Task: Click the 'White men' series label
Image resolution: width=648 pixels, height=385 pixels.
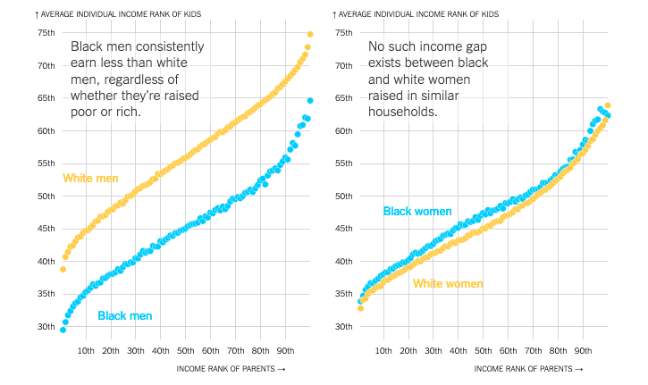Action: tap(90, 179)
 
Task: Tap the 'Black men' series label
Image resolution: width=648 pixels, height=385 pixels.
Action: tap(124, 315)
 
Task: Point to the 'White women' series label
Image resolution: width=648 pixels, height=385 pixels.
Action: tap(447, 284)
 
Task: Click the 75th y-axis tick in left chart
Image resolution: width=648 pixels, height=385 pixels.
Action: tap(46, 33)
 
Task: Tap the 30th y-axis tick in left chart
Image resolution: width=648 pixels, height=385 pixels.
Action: tap(46, 327)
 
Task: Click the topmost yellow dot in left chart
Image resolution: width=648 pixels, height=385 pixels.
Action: tap(310, 35)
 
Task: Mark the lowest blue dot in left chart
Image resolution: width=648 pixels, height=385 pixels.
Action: tap(63, 330)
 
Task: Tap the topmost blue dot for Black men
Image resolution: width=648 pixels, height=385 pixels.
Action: tap(310, 100)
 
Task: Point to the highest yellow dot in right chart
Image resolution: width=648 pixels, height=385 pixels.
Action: tap(608, 105)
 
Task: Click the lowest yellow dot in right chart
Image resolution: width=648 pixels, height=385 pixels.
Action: tap(360, 308)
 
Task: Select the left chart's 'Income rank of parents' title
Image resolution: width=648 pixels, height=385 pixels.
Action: tap(230, 368)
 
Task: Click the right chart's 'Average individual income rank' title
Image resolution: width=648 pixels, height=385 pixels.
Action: tap(419, 14)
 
